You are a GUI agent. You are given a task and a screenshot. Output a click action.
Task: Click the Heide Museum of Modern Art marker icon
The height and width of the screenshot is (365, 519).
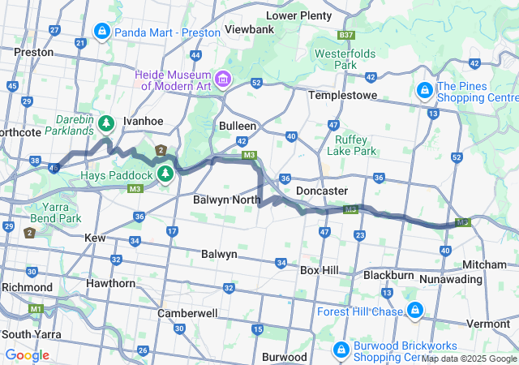222,79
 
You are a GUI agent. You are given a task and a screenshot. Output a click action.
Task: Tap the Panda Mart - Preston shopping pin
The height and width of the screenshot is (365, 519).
101,32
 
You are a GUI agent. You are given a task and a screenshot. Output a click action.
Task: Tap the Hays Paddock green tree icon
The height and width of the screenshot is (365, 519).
165,174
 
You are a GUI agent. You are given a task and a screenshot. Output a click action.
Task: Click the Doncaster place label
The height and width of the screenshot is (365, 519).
322,191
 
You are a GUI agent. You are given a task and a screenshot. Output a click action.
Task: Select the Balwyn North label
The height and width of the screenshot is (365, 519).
226,199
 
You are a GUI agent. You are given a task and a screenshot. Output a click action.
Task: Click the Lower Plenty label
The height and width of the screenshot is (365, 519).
299,15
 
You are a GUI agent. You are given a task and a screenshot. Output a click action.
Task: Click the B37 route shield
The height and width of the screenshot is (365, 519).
346,36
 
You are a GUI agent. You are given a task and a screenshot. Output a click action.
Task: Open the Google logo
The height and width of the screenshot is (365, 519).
27,355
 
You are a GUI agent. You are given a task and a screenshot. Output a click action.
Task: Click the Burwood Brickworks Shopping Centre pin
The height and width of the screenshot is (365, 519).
341,350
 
